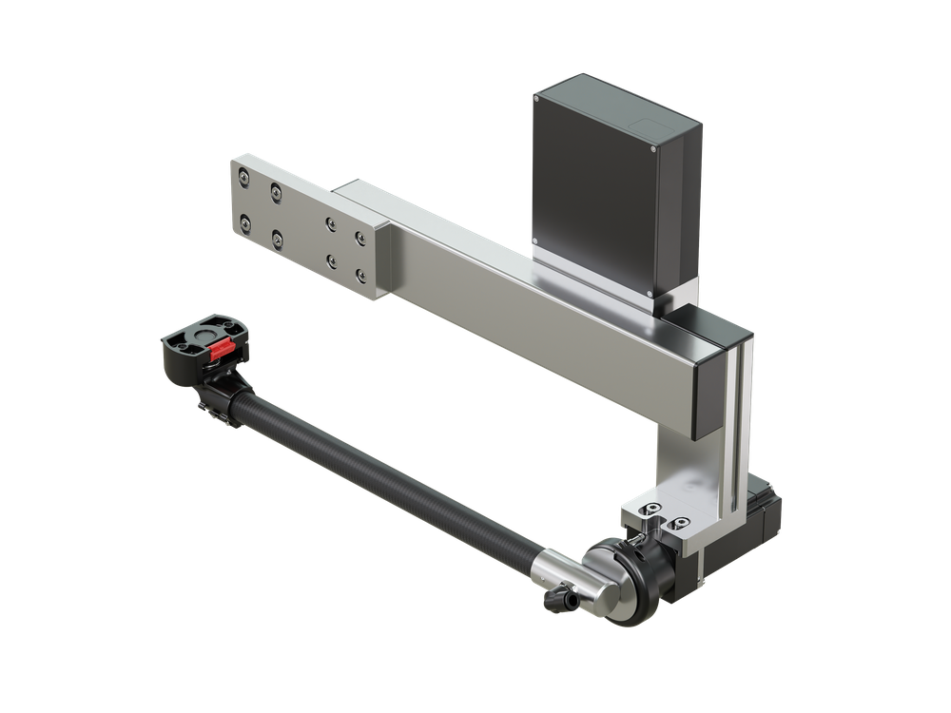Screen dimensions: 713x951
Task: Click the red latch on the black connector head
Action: coord(221,349)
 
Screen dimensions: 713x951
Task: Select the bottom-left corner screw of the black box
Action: coord(536,241)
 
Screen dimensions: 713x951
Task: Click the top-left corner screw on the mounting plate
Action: coord(244,177)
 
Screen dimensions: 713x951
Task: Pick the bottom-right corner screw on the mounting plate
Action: coord(360,276)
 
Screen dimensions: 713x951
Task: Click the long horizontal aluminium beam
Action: coord(533,304)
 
